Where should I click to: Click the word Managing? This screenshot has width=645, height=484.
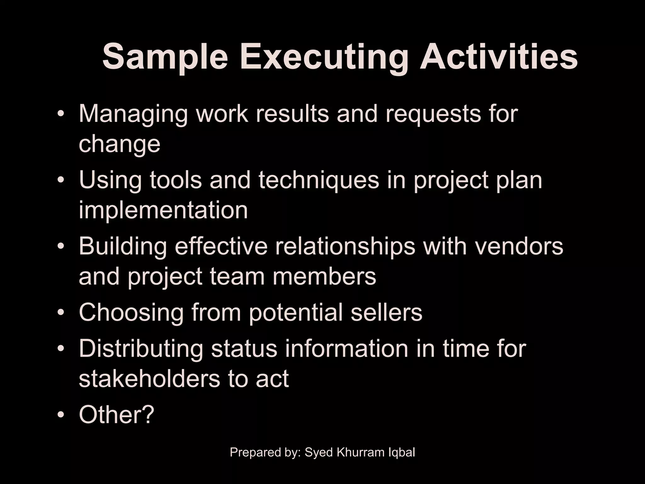[133, 114]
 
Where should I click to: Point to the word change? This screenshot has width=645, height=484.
[119, 144]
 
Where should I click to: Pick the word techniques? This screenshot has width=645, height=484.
[319, 180]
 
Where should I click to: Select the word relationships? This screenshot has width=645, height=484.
[345, 246]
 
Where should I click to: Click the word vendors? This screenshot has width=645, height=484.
[519, 246]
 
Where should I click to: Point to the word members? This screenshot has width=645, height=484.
[324, 276]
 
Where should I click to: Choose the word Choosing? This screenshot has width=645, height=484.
[131, 312]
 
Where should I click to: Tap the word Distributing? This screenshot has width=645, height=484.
[141, 349]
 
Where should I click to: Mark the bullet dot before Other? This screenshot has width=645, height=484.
[61, 415]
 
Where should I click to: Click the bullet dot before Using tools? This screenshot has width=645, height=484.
[61, 181]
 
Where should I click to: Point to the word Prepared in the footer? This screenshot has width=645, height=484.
[251, 452]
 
